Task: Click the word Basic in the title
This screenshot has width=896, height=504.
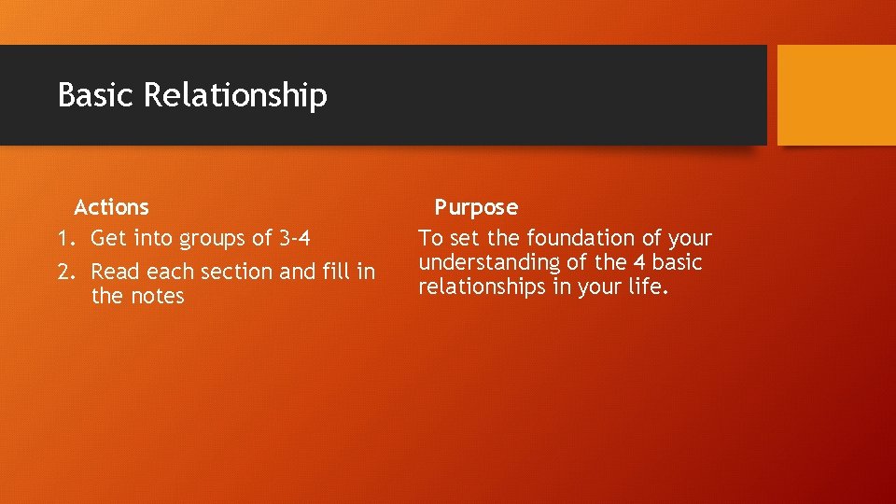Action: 96,95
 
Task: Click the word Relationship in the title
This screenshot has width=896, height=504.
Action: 235,96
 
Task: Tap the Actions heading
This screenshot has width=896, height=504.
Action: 111,206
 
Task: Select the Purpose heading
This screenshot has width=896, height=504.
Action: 476,207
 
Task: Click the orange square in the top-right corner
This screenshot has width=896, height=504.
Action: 836,95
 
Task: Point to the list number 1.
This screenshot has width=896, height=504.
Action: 63,239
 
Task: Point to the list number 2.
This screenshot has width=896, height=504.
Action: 63,272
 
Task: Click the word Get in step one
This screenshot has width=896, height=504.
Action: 107,239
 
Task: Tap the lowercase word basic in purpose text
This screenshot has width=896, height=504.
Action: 678,263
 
